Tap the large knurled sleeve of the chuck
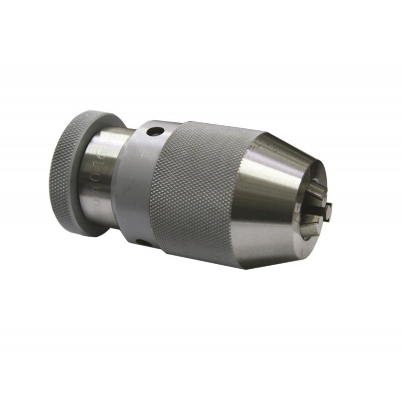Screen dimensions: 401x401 [200, 190]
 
